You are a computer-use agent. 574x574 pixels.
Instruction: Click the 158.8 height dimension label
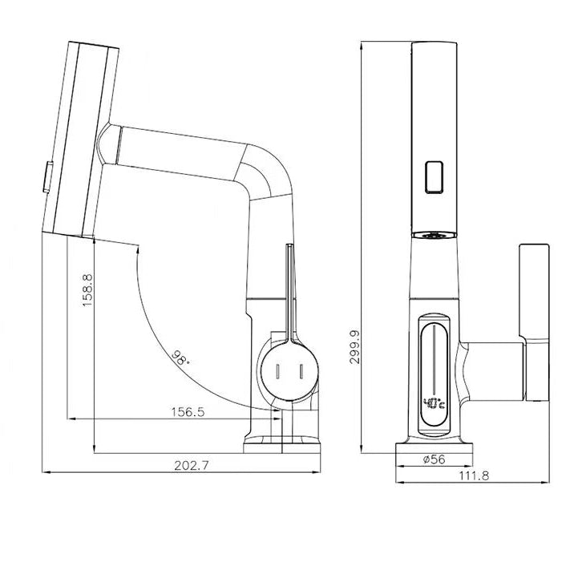(x=87, y=290)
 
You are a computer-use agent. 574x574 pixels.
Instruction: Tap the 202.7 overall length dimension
(x=188, y=465)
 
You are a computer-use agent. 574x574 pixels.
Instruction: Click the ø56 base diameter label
(x=434, y=459)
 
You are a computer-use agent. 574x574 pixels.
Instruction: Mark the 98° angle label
(x=181, y=357)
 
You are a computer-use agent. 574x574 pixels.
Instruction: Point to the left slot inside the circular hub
(x=277, y=373)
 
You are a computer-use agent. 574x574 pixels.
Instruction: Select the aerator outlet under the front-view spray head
(x=434, y=235)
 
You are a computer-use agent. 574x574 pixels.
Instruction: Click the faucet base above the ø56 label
(x=434, y=443)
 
